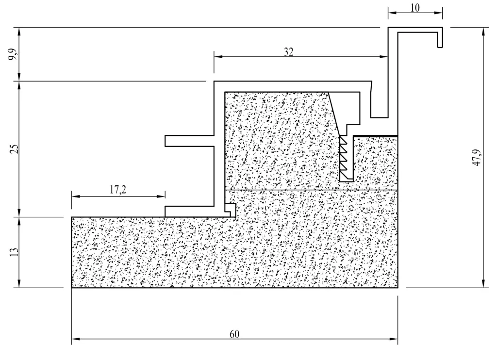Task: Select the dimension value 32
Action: point(289,51)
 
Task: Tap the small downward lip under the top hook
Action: point(440,41)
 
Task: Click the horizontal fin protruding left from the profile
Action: point(189,141)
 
